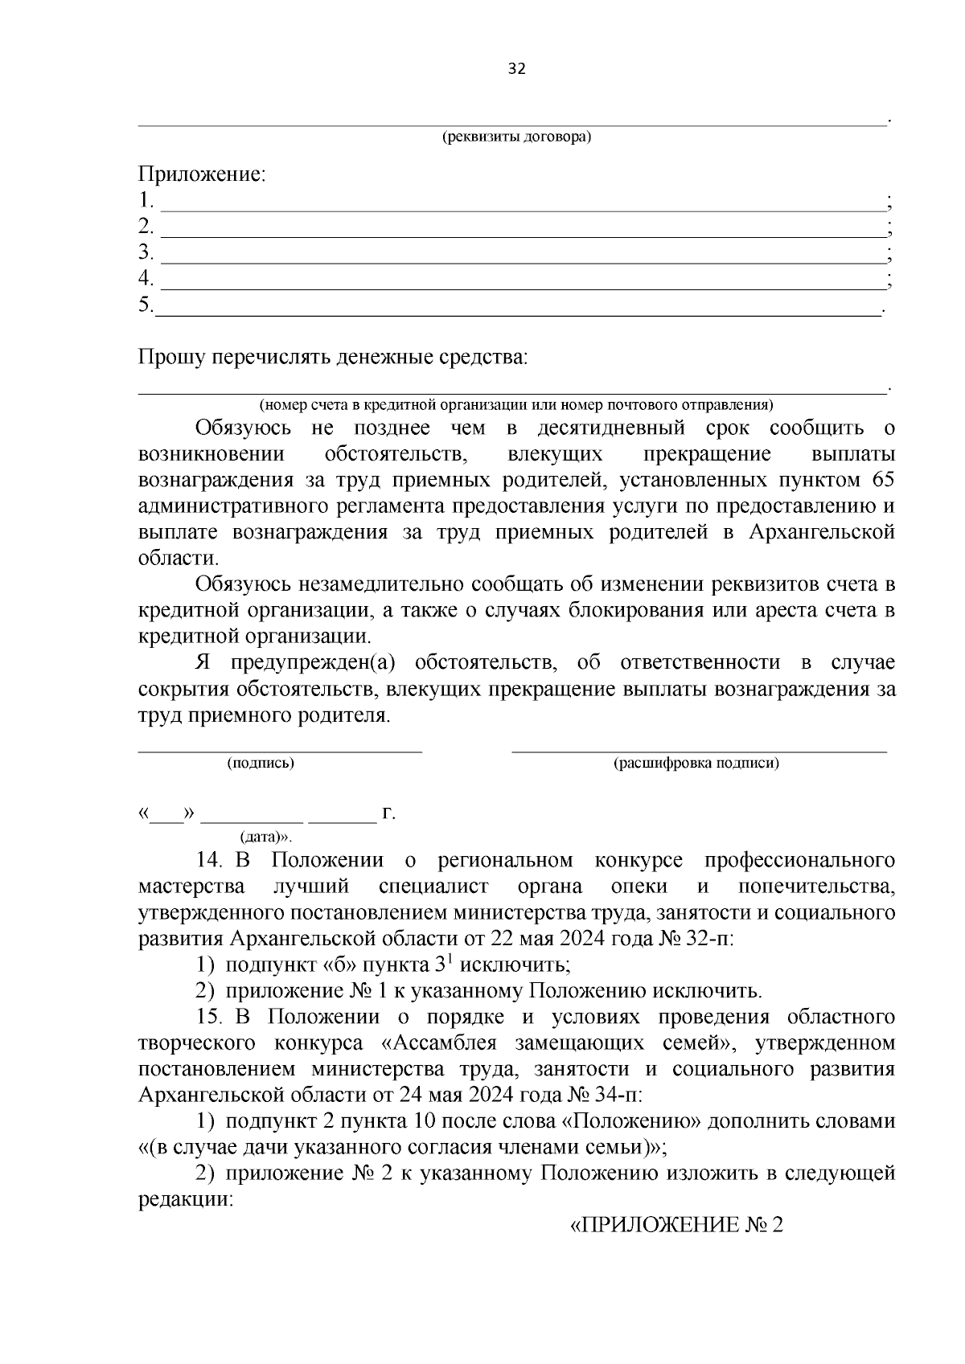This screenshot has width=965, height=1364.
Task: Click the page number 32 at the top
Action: pos(516,69)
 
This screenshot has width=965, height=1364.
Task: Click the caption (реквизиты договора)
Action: pos(516,137)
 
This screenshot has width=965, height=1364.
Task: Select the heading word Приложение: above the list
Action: pos(202,174)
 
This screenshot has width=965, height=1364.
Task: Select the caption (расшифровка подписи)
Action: pos(696,763)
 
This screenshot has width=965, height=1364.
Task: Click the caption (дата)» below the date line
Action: pos(265,837)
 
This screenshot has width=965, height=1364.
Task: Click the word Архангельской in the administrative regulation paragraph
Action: pos(821,532)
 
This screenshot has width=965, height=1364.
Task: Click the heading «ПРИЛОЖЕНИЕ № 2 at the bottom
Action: pos(675,1226)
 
